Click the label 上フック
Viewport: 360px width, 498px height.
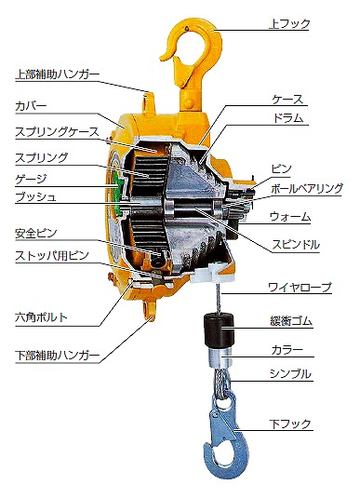[x=289, y=24]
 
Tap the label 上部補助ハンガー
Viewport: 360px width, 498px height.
[x=57, y=74]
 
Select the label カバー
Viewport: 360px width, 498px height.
[x=31, y=106]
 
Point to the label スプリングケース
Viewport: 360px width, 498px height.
[x=57, y=132]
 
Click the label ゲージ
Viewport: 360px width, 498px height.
[x=31, y=179]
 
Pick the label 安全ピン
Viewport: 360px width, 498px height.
[x=36, y=234]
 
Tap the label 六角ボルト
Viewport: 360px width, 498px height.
[x=41, y=317]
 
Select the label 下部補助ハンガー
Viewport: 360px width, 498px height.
[x=57, y=355]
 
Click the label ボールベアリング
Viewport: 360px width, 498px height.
[x=307, y=188]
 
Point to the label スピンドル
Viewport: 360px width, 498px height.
[x=296, y=245]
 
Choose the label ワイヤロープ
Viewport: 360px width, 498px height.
[x=300, y=288]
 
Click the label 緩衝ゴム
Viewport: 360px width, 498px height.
[x=291, y=321]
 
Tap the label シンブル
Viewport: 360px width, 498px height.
[x=290, y=374]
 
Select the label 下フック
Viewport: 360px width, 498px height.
[x=289, y=424]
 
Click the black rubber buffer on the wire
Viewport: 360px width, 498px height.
[x=219, y=330]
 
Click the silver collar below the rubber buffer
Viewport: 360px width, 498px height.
[x=220, y=358]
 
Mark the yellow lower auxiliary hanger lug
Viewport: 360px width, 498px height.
[x=150, y=311]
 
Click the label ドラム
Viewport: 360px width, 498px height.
[x=288, y=119]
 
